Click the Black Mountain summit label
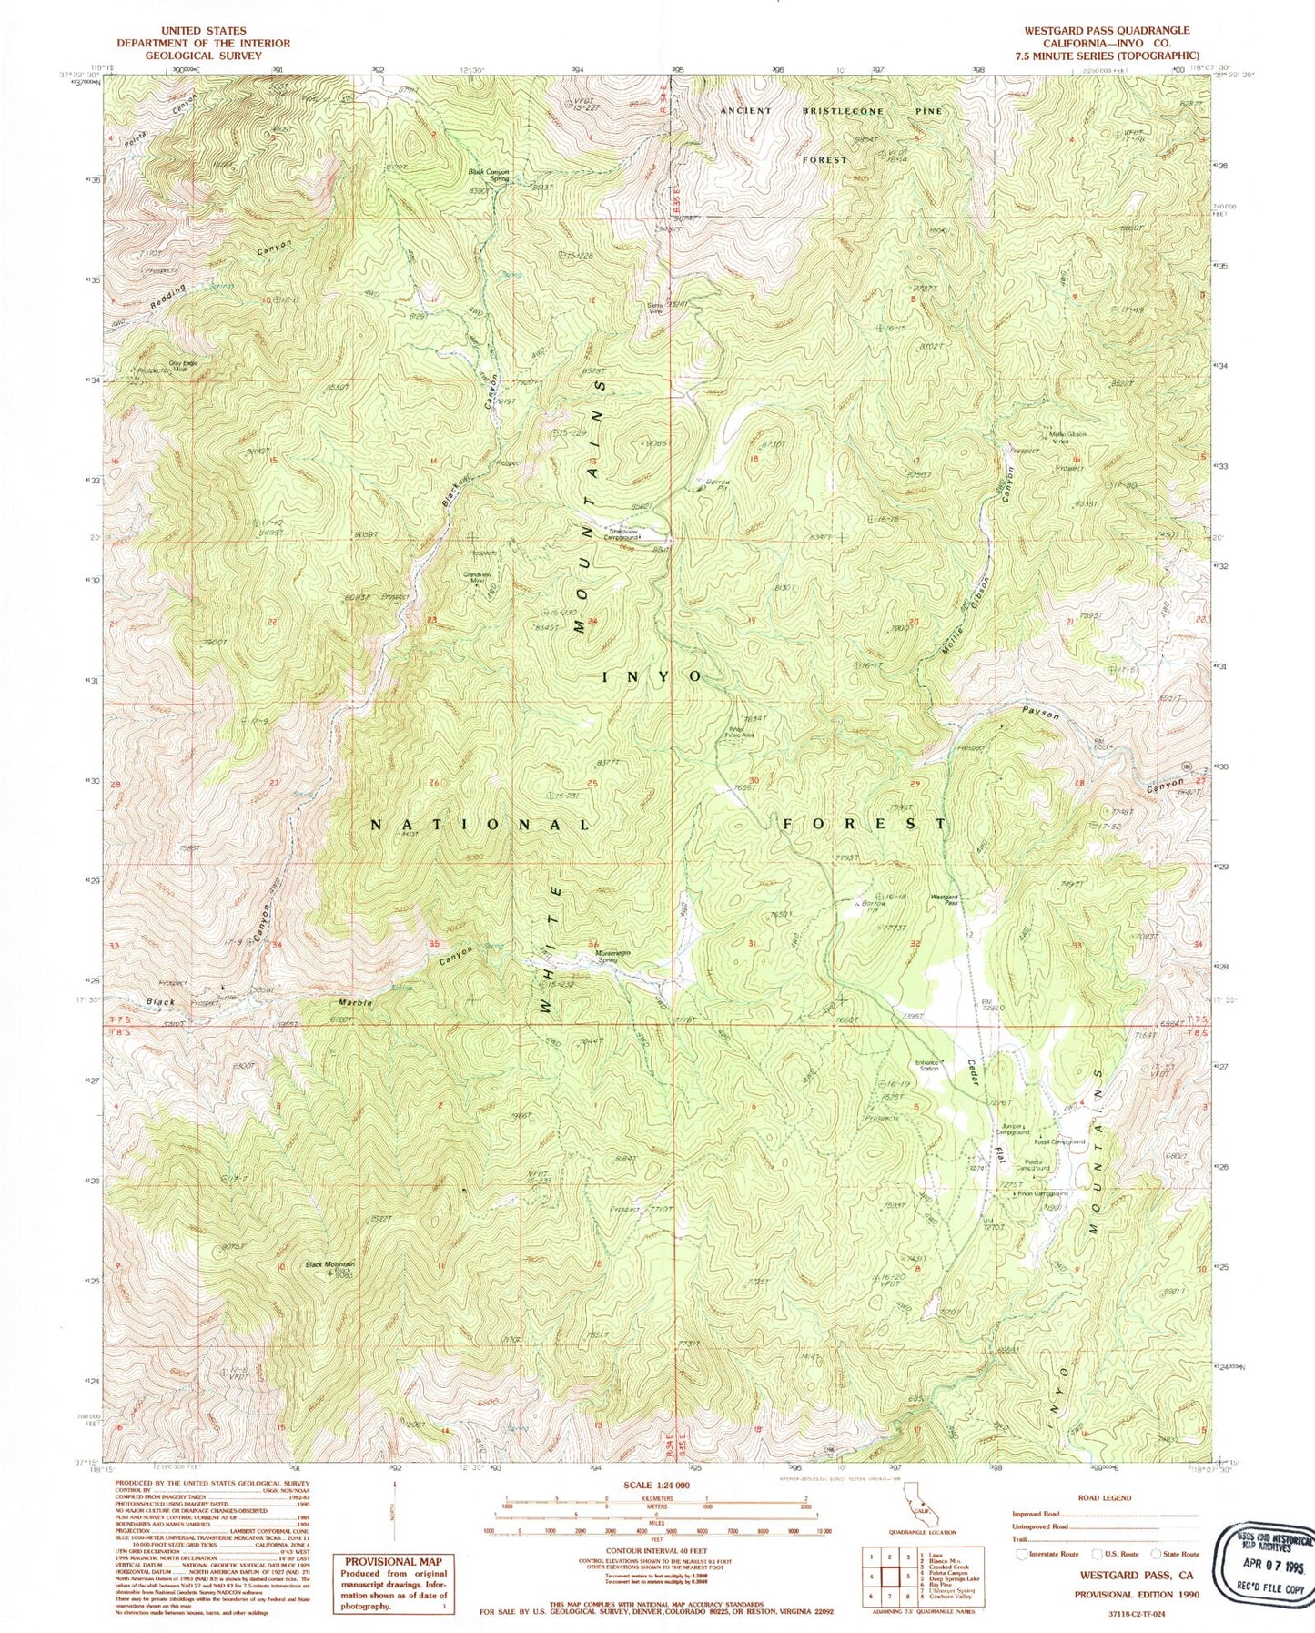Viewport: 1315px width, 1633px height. tap(329, 1264)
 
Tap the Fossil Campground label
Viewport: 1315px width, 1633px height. tap(1059, 1141)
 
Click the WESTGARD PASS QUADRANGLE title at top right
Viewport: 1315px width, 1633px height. tap(1106, 30)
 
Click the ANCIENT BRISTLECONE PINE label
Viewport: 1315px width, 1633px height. tap(830, 111)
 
